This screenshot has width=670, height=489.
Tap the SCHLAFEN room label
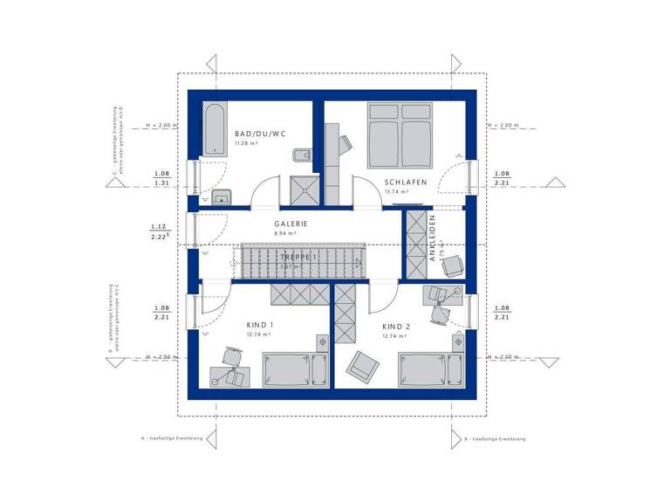point(405,183)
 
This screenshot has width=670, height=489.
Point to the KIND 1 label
point(261,326)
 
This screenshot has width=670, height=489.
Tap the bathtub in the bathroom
point(213,128)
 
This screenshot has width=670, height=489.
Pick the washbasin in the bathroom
point(222,195)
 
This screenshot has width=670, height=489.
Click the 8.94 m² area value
point(285,233)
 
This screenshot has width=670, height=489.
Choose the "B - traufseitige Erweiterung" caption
point(494,437)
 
